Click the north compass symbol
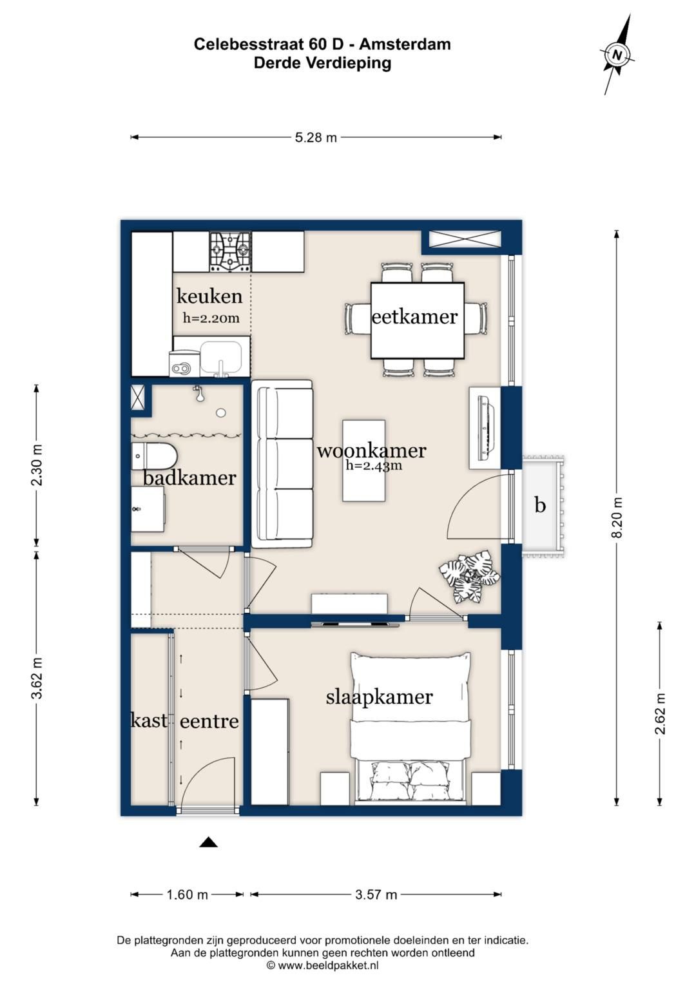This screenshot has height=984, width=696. coord(617,55)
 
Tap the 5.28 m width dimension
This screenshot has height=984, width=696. coord(316,137)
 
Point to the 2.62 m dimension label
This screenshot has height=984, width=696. coord(660,714)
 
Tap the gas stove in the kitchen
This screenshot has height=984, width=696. coord(230,252)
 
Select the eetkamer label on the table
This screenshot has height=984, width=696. coord(415,317)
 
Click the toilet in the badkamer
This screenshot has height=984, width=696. coord(154,455)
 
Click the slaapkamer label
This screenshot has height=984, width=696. coord(379,697)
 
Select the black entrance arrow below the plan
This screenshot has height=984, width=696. coord(209,842)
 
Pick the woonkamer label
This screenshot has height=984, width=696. coord(372,450)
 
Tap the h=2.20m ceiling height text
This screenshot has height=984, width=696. coord(211,318)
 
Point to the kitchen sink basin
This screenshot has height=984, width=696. coord(222,358)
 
